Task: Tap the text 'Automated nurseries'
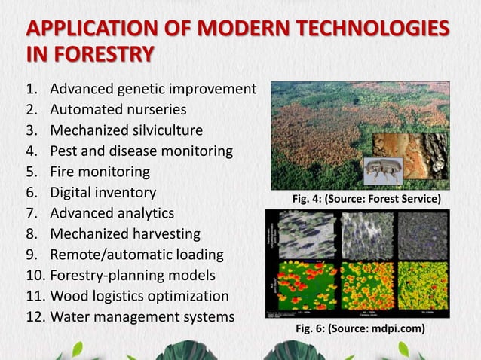tap(118, 110)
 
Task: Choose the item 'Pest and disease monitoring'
tap(141, 151)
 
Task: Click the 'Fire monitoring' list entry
tap(100, 172)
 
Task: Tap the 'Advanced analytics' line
tap(112, 213)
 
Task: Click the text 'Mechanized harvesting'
tap(125, 233)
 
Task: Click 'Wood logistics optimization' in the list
tap(139, 295)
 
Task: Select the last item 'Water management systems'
tap(142, 316)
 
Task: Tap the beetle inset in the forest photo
tap(382, 170)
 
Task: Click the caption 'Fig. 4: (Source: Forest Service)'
tap(366, 198)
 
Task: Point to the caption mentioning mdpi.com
tap(360, 328)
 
